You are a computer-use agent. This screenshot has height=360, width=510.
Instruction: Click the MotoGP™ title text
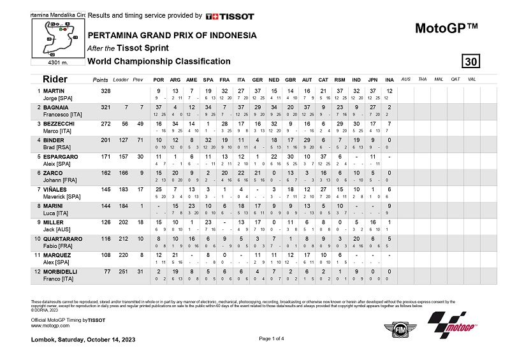[x=446, y=29]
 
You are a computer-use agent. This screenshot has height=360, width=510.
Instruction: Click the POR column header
[x=159, y=79]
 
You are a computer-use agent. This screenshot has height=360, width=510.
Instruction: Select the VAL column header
[x=471, y=79]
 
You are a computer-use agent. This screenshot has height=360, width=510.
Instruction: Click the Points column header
[x=100, y=79]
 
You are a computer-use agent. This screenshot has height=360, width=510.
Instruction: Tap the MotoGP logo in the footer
[x=453, y=325]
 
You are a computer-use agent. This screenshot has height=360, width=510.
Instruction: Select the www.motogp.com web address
[x=50, y=325]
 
